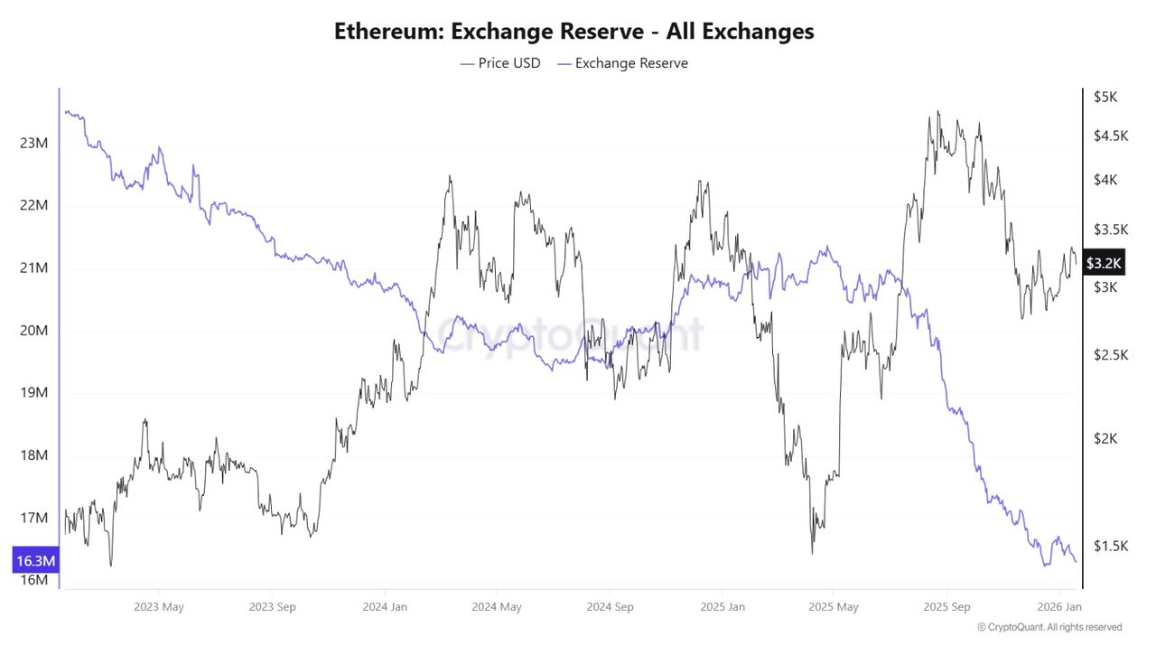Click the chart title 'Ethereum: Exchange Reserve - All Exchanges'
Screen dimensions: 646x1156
(574, 32)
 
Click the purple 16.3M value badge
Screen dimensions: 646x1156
(36, 561)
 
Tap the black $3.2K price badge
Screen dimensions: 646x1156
(1104, 263)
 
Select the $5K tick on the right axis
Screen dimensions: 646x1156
(1105, 97)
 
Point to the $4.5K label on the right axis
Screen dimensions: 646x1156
(1110, 136)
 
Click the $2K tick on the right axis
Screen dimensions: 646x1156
(1105, 438)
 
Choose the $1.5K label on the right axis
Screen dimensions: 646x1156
(1110, 546)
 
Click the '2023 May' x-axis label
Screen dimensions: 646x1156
(159, 607)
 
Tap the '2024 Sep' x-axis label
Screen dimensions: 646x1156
(610, 607)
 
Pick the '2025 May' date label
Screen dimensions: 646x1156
(834, 607)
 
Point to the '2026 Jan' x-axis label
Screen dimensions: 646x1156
(1058, 607)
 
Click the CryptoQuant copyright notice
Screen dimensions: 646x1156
(1049, 627)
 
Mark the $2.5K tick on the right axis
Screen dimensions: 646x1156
(1110, 355)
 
